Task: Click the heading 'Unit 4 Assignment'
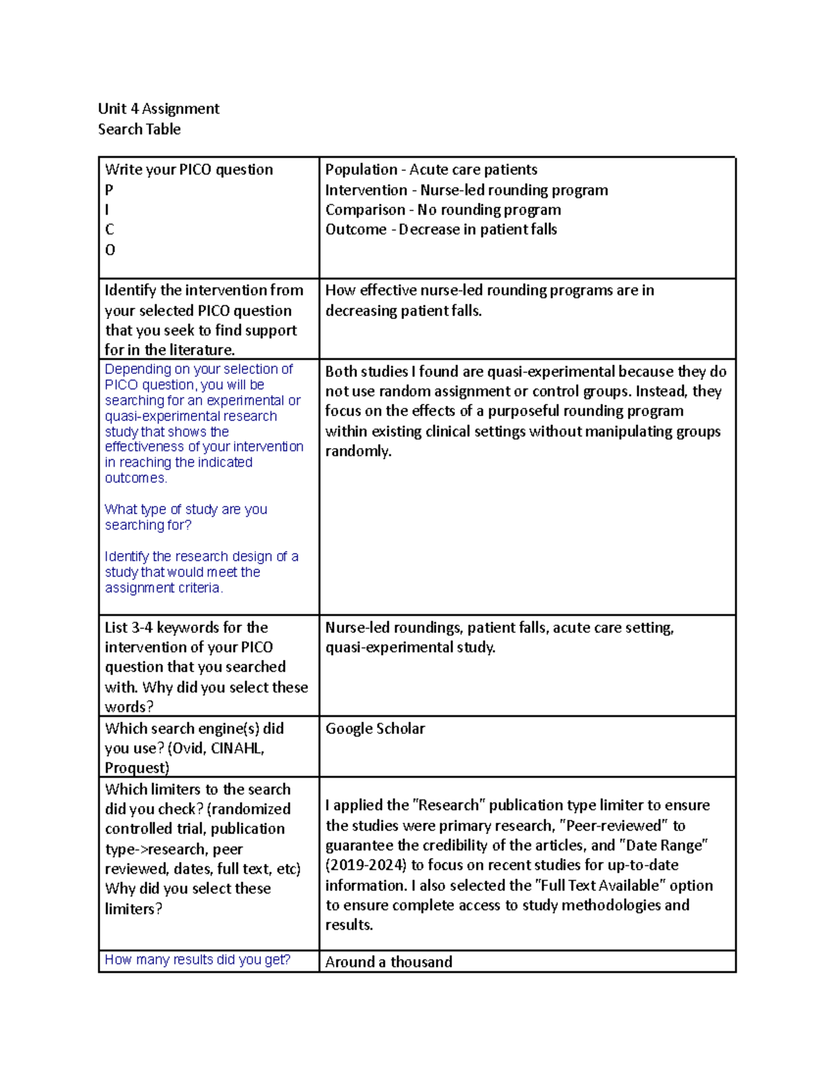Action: pyautogui.click(x=158, y=108)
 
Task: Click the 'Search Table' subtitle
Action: pyautogui.click(x=139, y=129)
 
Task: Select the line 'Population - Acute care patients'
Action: pyautogui.click(x=431, y=170)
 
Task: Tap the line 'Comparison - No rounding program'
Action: pyautogui.click(x=443, y=210)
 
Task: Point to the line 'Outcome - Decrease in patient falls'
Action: pyautogui.click(x=441, y=229)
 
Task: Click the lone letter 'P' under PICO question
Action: pyautogui.click(x=109, y=190)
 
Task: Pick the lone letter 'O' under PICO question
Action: pyautogui.click(x=110, y=249)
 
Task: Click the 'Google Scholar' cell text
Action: pyautogui.click(x=375, y=728)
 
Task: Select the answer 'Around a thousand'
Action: pyautogui.click(x=389, y=962)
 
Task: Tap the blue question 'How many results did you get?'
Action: pyautogui.click(x=197, y=959)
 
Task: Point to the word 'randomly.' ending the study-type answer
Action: pyautogui.click(x=358, y=451)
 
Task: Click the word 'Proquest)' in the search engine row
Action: pyautogui.click(x=137, y=768)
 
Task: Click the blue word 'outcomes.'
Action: pyautogui.click(x=136, y=478)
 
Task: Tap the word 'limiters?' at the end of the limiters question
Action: pyautogui.click(x=133, y=909)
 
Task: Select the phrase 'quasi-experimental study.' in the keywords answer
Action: pyautogui.click(x=410, y=648)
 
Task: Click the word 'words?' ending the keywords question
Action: pyautogui.click(x=129, y=707)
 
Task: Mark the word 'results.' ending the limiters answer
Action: pyautogui.click(x=349, y=925)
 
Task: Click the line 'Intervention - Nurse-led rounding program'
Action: pyautogui.click(x=466, y=190)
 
